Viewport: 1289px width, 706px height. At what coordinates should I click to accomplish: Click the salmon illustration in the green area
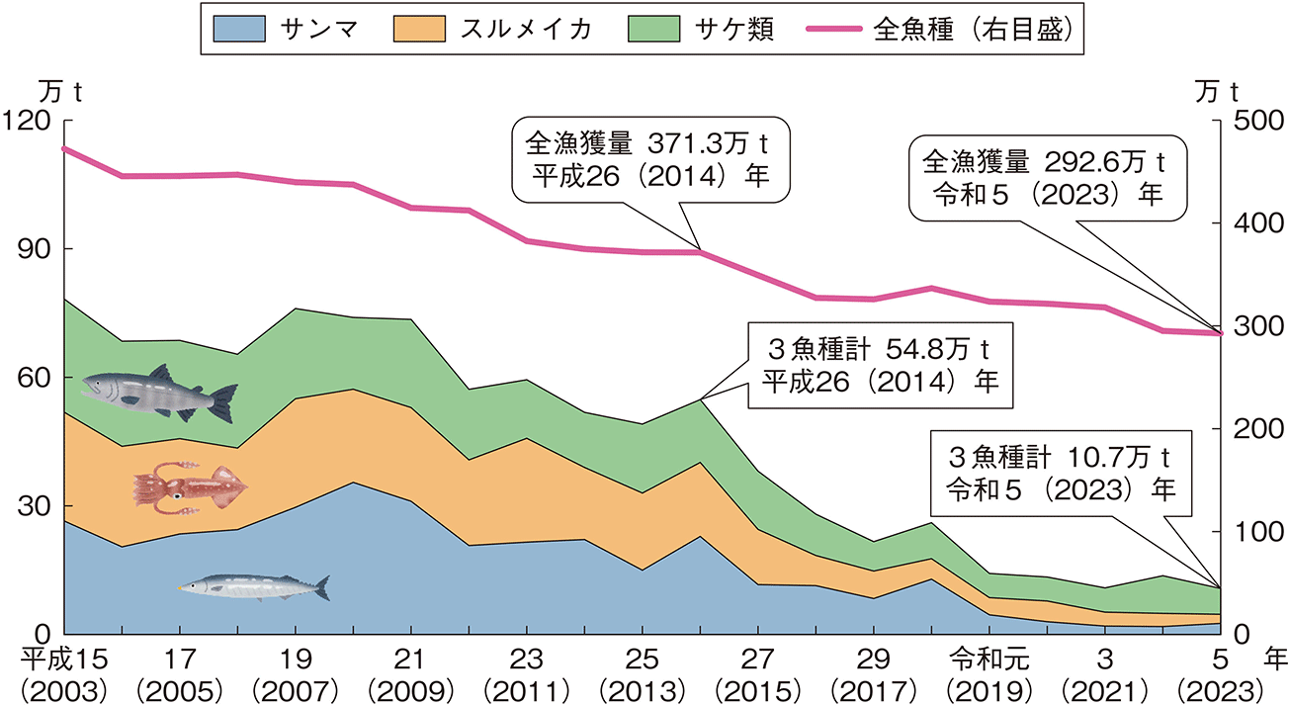pos(159,391)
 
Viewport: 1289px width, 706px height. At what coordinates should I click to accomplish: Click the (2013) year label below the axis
pos(643,686)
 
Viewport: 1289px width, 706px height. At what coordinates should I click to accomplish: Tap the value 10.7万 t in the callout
pos(1114,459)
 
